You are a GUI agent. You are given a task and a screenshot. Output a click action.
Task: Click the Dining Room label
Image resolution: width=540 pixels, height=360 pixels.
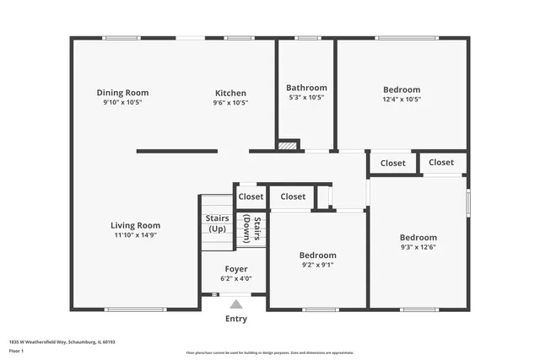pyautogui.click(x=122, y=93)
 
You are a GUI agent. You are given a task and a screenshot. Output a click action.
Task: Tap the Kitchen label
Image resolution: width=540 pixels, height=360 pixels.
pyautogui.click(x=230, y=93)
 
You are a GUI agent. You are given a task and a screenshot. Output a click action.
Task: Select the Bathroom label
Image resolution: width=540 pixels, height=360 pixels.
pyautogui.click(x=306, y=88)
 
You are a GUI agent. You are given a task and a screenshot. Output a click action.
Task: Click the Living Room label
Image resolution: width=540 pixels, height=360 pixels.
pyautogui.click(x=136, y=225)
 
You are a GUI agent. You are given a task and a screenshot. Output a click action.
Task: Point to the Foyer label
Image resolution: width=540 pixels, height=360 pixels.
pyautogui.click(x=236, y=269)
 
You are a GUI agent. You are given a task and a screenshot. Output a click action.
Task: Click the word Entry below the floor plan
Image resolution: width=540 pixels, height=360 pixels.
pyautogui.click(x=236, y=319)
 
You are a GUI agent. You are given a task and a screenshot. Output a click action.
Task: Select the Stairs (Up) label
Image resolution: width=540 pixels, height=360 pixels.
pyautogui.click(x=217, y=223)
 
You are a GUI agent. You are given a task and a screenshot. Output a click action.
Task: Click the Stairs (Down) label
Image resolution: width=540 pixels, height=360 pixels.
pyautogui.click(x=252, y=228)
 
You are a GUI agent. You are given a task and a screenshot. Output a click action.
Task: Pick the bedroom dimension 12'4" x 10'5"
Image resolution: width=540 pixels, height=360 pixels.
pyautogui.click(x=402, y=99)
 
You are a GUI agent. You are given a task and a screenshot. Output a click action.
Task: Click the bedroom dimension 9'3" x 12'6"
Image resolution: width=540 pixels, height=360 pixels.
pyautogui.click(x=418, y=247)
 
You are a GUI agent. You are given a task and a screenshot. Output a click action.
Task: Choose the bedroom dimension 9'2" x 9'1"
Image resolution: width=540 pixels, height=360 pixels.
pyautogui.click(x=317, y=265)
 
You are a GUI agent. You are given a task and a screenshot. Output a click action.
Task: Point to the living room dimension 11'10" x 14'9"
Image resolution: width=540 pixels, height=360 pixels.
pyautogui.click(x=136, y=235)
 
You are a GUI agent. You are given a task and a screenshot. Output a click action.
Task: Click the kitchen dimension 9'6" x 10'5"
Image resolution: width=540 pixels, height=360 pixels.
pyautogui.click(x=230, y=102)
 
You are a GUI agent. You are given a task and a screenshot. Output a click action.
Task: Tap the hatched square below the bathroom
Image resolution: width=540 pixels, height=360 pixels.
pyautogui.click(x=289, y=145)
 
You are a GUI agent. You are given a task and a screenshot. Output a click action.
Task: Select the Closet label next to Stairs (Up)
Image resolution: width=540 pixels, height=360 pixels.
pyautogui.click(x=251, y=196)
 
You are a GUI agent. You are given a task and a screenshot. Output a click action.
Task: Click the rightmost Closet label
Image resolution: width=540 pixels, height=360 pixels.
pyautogui.click(x=441, y=162)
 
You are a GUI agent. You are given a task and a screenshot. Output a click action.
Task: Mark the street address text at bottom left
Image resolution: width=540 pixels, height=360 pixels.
pyautogui.click(x=62, y=342)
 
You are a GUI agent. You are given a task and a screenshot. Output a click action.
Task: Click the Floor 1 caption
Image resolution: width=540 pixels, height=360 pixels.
pyautogui.click(x=16, y=351)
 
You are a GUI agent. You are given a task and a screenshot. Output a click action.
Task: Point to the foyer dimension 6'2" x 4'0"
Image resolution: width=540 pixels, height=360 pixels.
pyautogui.click(x=236, y=278)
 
